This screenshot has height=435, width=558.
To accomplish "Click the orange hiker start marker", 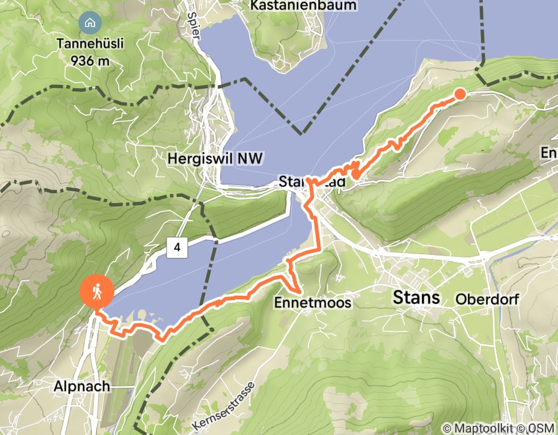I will (97, 291).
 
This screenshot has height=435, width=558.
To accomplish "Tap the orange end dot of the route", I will (460, 94).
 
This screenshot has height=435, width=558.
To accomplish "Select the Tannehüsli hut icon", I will (90, 24).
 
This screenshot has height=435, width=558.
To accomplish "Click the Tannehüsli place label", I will (91, 44).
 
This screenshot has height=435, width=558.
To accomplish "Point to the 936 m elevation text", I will (91, 60).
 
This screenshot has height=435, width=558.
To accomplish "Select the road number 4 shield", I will (177, 248).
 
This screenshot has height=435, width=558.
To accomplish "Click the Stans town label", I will (416, 298).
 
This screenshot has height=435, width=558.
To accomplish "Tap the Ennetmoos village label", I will (313, 303).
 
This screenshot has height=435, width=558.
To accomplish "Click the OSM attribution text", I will (541, 428).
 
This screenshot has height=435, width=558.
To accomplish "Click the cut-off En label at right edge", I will (549, 153).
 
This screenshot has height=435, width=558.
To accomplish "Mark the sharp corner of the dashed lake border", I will (303, 133).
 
